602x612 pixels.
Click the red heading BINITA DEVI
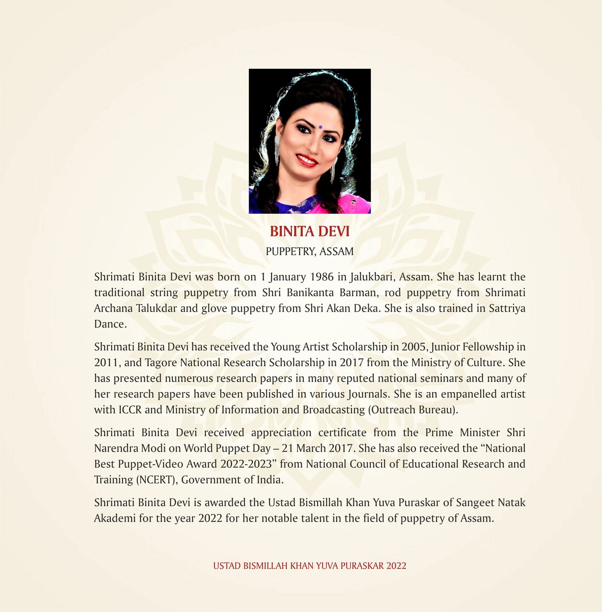[x=310, y=232]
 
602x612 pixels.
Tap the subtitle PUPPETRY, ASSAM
[x=310, y=252]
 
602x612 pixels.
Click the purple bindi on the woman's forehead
[x=320, y=127]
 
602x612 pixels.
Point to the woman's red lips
[x=307, y=159]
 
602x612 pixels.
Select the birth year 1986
[x=322, y=277]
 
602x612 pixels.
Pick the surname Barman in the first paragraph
[x=359, y=293]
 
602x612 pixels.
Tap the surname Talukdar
[x=156, y=308]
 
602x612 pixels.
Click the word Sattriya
[x=507, y=308]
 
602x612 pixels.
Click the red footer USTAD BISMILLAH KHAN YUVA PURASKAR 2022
[x=310, y=566]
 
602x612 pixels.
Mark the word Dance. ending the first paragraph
[x=110, y=324]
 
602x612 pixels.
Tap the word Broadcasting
[x=333, y=409]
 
